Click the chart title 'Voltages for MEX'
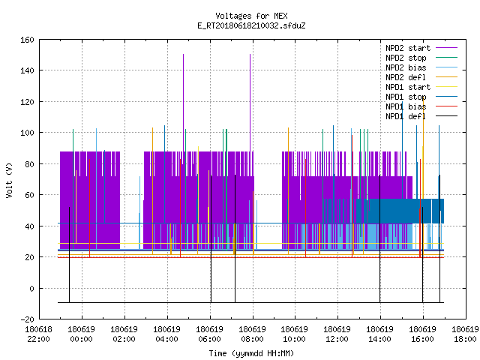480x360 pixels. pyautogui.click(x=251, y=16)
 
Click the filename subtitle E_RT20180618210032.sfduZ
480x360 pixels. pyautogui.click(x=251, y=25)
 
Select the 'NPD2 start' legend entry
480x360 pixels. pyautogui.click(x=421, y=48)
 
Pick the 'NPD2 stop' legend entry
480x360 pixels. pyautogui.click(x=421, y=58)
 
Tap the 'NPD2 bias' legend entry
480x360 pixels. pyautogui.click(x=421, y=67)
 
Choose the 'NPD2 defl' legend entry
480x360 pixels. pyautogui.click(x=421, y=77)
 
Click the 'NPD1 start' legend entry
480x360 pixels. pyautogui.click(x=421, y=87)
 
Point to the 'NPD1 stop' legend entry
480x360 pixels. pyautogui.click(x=421, y=97)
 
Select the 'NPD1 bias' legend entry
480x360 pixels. pyautogui.click(x=421, y=106)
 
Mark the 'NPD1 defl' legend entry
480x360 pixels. pyautogui.click(x=421, y=117)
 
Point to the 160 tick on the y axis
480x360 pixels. pyautogui.click(x=27, y=40)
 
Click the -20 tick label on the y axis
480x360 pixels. pyautogui.click(x=27, y=319)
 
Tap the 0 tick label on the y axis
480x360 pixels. pyautogui.click(x=31, y=289)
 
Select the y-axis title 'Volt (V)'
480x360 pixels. pyautogui.click(x=9, y=180)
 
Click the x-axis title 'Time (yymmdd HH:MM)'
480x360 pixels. pyautogui.click(x=251, y=353)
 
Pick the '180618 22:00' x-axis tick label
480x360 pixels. pyautogui.click(x=38, y=334)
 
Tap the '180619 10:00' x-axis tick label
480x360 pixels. pyautogui.click(x=295, y=334)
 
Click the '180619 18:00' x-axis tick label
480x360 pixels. pyautogui.click(x=465, y=334)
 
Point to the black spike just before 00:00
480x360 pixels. pyautogui.click(x=70, y=255)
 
